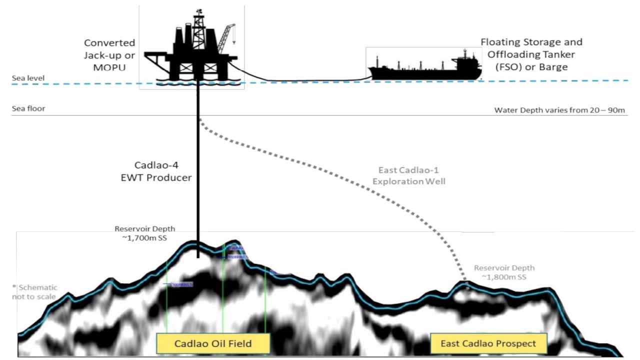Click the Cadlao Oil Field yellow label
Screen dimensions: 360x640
[212, 343]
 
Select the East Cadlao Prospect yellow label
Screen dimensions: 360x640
[488, 343]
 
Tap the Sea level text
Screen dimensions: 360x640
[28, 78]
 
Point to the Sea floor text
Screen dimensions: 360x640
[28, 108]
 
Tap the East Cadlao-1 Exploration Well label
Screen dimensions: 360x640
[409, 175]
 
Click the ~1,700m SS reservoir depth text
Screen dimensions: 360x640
[145, 233]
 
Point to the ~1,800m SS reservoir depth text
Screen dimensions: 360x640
[504, 272]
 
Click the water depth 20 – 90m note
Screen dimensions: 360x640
[560, 110]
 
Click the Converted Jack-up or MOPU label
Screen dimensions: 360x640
[109, 54]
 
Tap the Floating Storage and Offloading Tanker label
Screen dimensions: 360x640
[531, 54]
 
